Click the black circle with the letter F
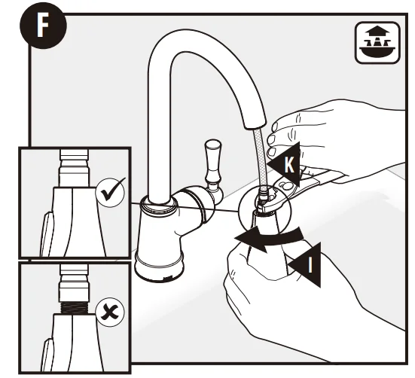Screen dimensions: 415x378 [43, 26]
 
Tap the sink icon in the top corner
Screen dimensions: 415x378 [377, 43]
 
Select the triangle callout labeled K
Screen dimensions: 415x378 [285, 164]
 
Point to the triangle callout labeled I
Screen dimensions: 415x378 [305, 265]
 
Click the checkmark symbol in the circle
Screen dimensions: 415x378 [110, 192]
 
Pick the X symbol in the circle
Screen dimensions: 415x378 [110, 312]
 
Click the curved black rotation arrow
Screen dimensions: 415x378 [267, 238]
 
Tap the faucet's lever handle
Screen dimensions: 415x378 [213, 165]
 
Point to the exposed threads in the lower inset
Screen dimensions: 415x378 [74, 308]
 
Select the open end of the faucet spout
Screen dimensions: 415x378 [255, 125]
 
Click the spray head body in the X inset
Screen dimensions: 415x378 [75, 343]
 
